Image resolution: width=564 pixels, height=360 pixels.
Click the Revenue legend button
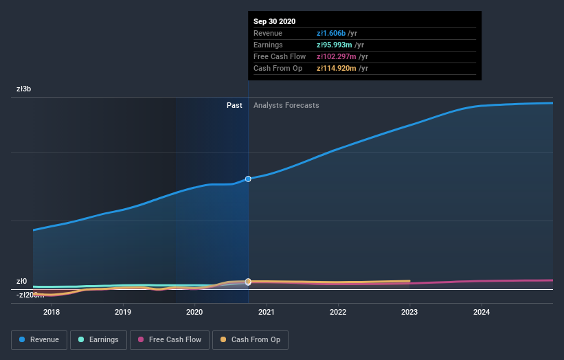tap(39, 339)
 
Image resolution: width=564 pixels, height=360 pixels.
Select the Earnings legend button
tap(98, 339)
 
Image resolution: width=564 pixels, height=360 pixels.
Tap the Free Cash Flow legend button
tap(169, 339)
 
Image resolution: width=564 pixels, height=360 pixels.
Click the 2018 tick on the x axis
tap(52, 312)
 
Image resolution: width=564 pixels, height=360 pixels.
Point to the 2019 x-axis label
tap(123, 312)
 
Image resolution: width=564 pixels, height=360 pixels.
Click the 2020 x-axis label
tap(194, 312)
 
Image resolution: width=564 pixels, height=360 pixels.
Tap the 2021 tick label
tap(267, 312)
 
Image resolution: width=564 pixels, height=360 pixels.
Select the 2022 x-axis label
tap(338, 312)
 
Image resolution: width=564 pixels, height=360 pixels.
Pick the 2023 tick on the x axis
tap(409, 312)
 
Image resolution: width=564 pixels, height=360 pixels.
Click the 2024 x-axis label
tap(482, 312)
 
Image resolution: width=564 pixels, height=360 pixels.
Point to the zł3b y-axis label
tap(23, 89)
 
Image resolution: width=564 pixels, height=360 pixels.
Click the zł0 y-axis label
tap(21, 281)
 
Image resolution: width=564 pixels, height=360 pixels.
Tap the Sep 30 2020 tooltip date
tap(274, 21)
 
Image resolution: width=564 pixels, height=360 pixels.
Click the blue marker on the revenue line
tap(248, 179)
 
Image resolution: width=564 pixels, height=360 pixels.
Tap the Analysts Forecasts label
tap(286, 105)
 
